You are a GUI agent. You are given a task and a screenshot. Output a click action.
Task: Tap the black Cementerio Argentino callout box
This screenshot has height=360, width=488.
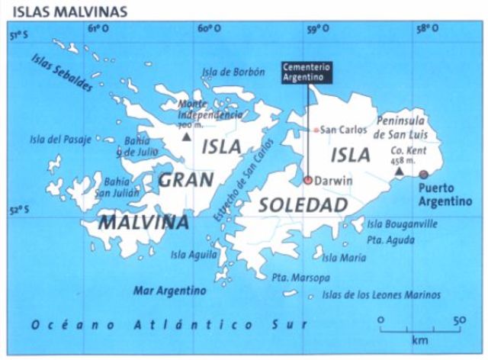[308, 71]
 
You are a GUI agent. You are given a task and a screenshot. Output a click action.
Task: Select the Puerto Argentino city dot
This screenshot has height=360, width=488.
[424, 175]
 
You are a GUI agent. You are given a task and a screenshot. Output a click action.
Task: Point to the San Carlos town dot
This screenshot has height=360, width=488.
[316, 130]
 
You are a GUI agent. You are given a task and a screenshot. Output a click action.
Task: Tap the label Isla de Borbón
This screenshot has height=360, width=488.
[234, 73]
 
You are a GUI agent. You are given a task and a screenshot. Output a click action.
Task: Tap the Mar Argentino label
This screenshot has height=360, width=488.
[170, 291]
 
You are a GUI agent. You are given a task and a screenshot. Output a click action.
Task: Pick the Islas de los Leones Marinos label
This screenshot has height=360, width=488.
[381, 294]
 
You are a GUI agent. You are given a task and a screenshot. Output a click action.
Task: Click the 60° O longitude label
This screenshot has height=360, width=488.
[205, 30]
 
